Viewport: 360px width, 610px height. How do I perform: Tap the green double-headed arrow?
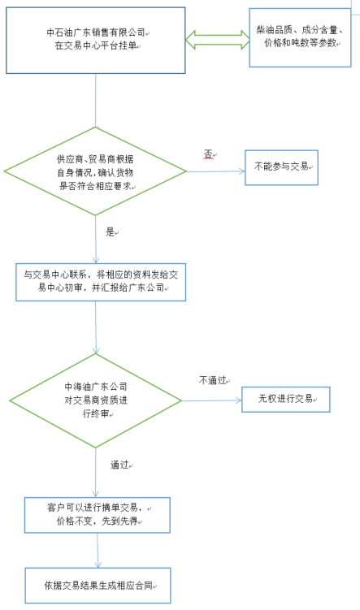click(218, 40)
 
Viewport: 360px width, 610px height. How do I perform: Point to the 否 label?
click(208, 154)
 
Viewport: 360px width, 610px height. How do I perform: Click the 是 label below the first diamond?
click(111, 231)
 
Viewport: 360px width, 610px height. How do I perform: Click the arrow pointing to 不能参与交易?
click(215, 171)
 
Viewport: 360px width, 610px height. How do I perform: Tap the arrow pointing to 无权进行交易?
click(212, 400)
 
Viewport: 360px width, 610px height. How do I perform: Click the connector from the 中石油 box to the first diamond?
click(95, 101)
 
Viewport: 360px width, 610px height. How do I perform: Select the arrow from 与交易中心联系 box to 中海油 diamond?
click(96, 327)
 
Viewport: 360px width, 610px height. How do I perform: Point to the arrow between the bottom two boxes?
click(98, 550)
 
